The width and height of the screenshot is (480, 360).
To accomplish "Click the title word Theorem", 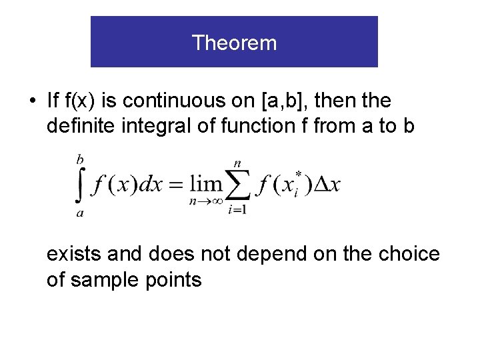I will point(234,43).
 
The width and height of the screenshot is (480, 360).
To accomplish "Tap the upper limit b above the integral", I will point(80,159).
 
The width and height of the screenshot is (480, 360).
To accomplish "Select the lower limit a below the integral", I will point(80,213).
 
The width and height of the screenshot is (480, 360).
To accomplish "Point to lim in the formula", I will point(207,184).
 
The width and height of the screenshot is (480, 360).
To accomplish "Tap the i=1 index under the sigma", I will point(237,211).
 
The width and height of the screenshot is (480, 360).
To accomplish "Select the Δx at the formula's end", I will point(327,185).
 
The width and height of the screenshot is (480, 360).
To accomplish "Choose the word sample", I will point(107,280).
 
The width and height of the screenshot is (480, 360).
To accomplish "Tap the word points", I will point(175,280).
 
